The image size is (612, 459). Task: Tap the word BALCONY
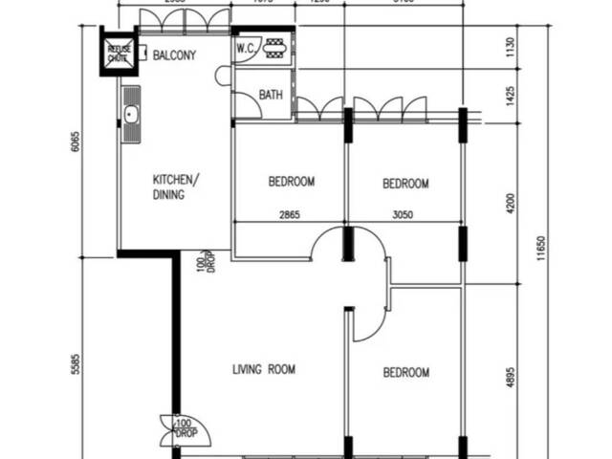[174, 55]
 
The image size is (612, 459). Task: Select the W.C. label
[246, 48]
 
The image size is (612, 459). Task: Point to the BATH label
[271, 95]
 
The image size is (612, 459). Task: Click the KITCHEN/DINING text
[176, 186]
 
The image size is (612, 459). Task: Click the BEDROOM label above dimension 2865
[291, 181]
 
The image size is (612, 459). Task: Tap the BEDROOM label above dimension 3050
[405, 184]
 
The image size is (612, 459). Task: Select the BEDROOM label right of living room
[405, 373]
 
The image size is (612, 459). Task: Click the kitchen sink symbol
[131, 116]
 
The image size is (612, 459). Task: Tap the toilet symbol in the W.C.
[274, 48]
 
